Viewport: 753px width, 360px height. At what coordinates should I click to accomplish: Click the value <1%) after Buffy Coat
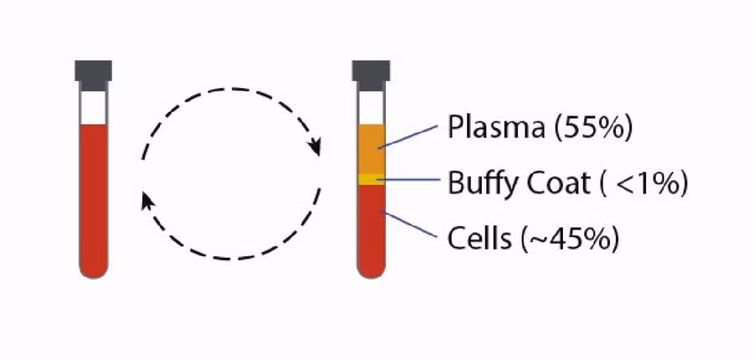[652, 183]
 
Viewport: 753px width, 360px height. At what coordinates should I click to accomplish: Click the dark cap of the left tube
[92, 73]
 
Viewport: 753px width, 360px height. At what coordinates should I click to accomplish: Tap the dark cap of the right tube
[370, 73]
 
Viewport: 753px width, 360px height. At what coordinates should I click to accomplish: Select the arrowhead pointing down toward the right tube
[315, 147]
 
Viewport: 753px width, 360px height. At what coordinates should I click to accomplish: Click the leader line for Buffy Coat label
[410, 178]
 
